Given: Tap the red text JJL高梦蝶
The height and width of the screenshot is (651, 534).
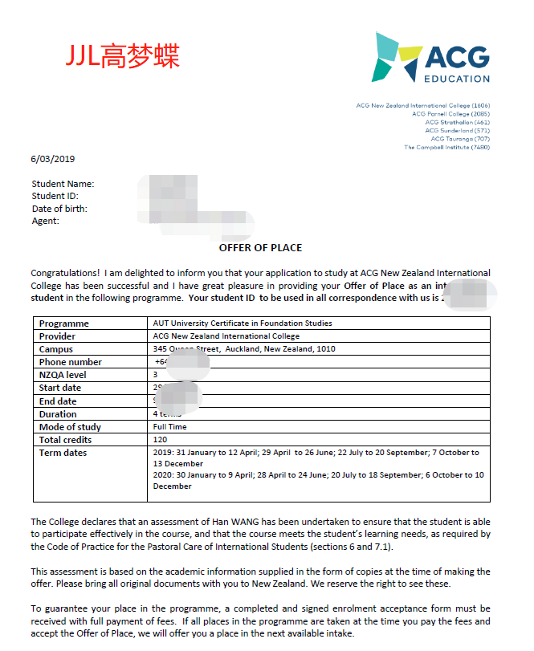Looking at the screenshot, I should coord(122,55).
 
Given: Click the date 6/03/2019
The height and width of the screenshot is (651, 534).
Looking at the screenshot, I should coord(52,158).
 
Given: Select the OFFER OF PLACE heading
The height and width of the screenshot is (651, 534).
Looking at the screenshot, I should coord(261,248).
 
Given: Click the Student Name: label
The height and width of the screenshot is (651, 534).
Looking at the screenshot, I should coord(63,185).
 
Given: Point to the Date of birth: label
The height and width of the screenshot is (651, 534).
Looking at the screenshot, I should coord(59,209).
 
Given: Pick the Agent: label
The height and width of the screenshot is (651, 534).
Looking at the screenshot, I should coord(46,221).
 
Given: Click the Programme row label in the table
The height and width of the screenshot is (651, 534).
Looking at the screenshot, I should coord(64,323).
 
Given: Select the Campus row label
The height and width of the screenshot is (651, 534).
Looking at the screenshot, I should coord(56,349).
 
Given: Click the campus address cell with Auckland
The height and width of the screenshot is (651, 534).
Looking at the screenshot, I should coord(244,349).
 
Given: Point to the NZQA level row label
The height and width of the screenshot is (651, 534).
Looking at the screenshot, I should coord(62,375).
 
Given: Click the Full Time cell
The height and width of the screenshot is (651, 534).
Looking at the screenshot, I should coord(169,426).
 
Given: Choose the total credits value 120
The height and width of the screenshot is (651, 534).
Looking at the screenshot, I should coord(160,439).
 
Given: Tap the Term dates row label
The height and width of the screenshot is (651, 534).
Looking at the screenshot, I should coord(63,453).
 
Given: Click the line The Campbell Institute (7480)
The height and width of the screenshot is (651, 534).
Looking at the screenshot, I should coord(446,147).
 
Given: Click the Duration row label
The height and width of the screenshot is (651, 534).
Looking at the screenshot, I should coord(58,413).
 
